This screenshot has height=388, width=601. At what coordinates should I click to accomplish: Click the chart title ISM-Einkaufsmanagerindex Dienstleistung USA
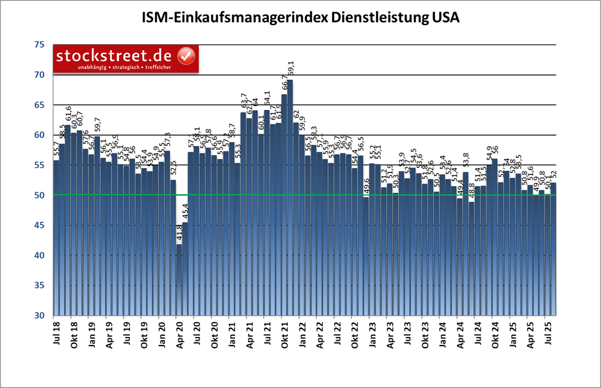click(300, 18)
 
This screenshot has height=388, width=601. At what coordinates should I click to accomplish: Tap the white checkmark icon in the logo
click(186, 56)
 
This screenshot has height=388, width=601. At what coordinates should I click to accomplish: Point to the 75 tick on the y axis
click(39, 45)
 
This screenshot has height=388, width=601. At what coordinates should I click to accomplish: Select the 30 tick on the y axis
click(39, 316)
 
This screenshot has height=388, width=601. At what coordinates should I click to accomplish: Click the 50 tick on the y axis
click(39, 195)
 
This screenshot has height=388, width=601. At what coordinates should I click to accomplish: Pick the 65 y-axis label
click(39, 105)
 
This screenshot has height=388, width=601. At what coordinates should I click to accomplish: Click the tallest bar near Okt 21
click(290, 196)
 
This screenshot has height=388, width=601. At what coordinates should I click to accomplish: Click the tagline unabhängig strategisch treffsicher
click(117, 66)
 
